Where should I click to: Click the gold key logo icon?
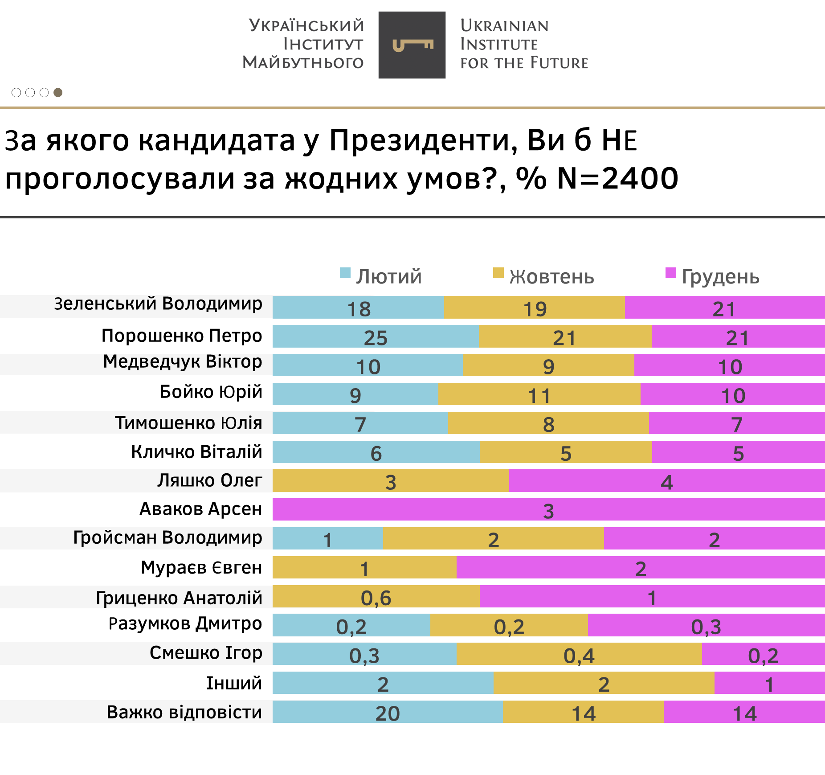412,45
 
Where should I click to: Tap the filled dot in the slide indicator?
58,92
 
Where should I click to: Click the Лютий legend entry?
381,276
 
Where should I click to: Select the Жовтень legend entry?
543,276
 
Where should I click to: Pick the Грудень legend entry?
713,276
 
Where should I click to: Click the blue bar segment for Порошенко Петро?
376,336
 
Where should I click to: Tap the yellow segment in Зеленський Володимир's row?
534,308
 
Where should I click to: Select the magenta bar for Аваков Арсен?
548,509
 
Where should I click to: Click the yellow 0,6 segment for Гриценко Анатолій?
376,597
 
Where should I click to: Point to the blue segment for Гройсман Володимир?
327,538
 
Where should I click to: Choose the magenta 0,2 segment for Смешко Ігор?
763,654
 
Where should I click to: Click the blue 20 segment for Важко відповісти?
388,712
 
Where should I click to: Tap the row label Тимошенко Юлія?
188,423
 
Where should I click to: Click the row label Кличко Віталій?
196,452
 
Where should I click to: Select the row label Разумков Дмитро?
185,623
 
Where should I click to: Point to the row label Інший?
234,683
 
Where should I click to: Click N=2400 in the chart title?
618,178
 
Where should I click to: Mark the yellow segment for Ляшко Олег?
390,481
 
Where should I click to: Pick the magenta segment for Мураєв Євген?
640,567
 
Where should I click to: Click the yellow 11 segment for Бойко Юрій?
539,394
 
